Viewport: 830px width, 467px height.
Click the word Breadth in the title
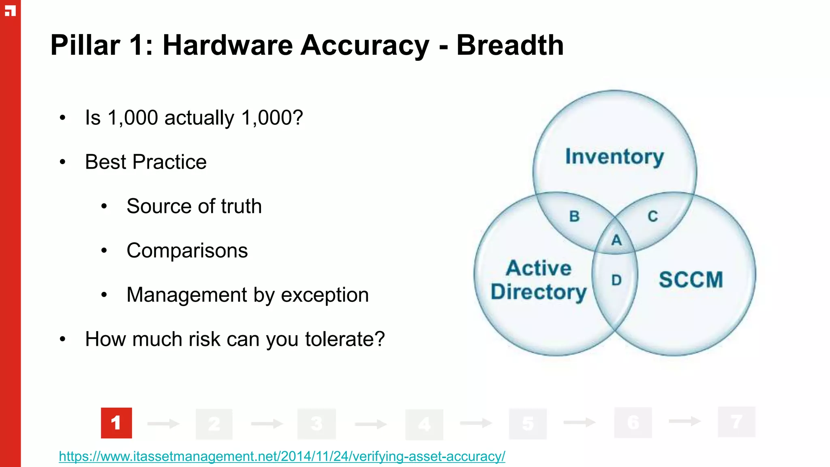point(510,45)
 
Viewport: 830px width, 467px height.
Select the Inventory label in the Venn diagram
point(614,157)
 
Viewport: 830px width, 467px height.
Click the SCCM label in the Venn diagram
point(691,280)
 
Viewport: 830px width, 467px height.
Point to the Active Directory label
point(539,280)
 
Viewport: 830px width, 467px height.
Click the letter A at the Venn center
point(616,240)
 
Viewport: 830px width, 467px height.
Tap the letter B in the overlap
point(574,216)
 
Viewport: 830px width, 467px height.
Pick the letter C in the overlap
point(652,216)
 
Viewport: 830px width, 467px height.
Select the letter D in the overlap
point(616,280)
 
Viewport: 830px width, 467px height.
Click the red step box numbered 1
point(116,423)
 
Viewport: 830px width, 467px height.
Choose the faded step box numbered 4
point(424,424)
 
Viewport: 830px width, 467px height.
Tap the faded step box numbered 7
point(736,422)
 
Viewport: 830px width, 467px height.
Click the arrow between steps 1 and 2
point(163,424)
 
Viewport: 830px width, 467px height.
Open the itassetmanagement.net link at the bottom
point(282,456)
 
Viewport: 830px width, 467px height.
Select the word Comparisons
point(187,251)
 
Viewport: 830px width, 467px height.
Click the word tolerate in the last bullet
point(344,339)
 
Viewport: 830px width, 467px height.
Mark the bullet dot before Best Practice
point(62,162)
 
